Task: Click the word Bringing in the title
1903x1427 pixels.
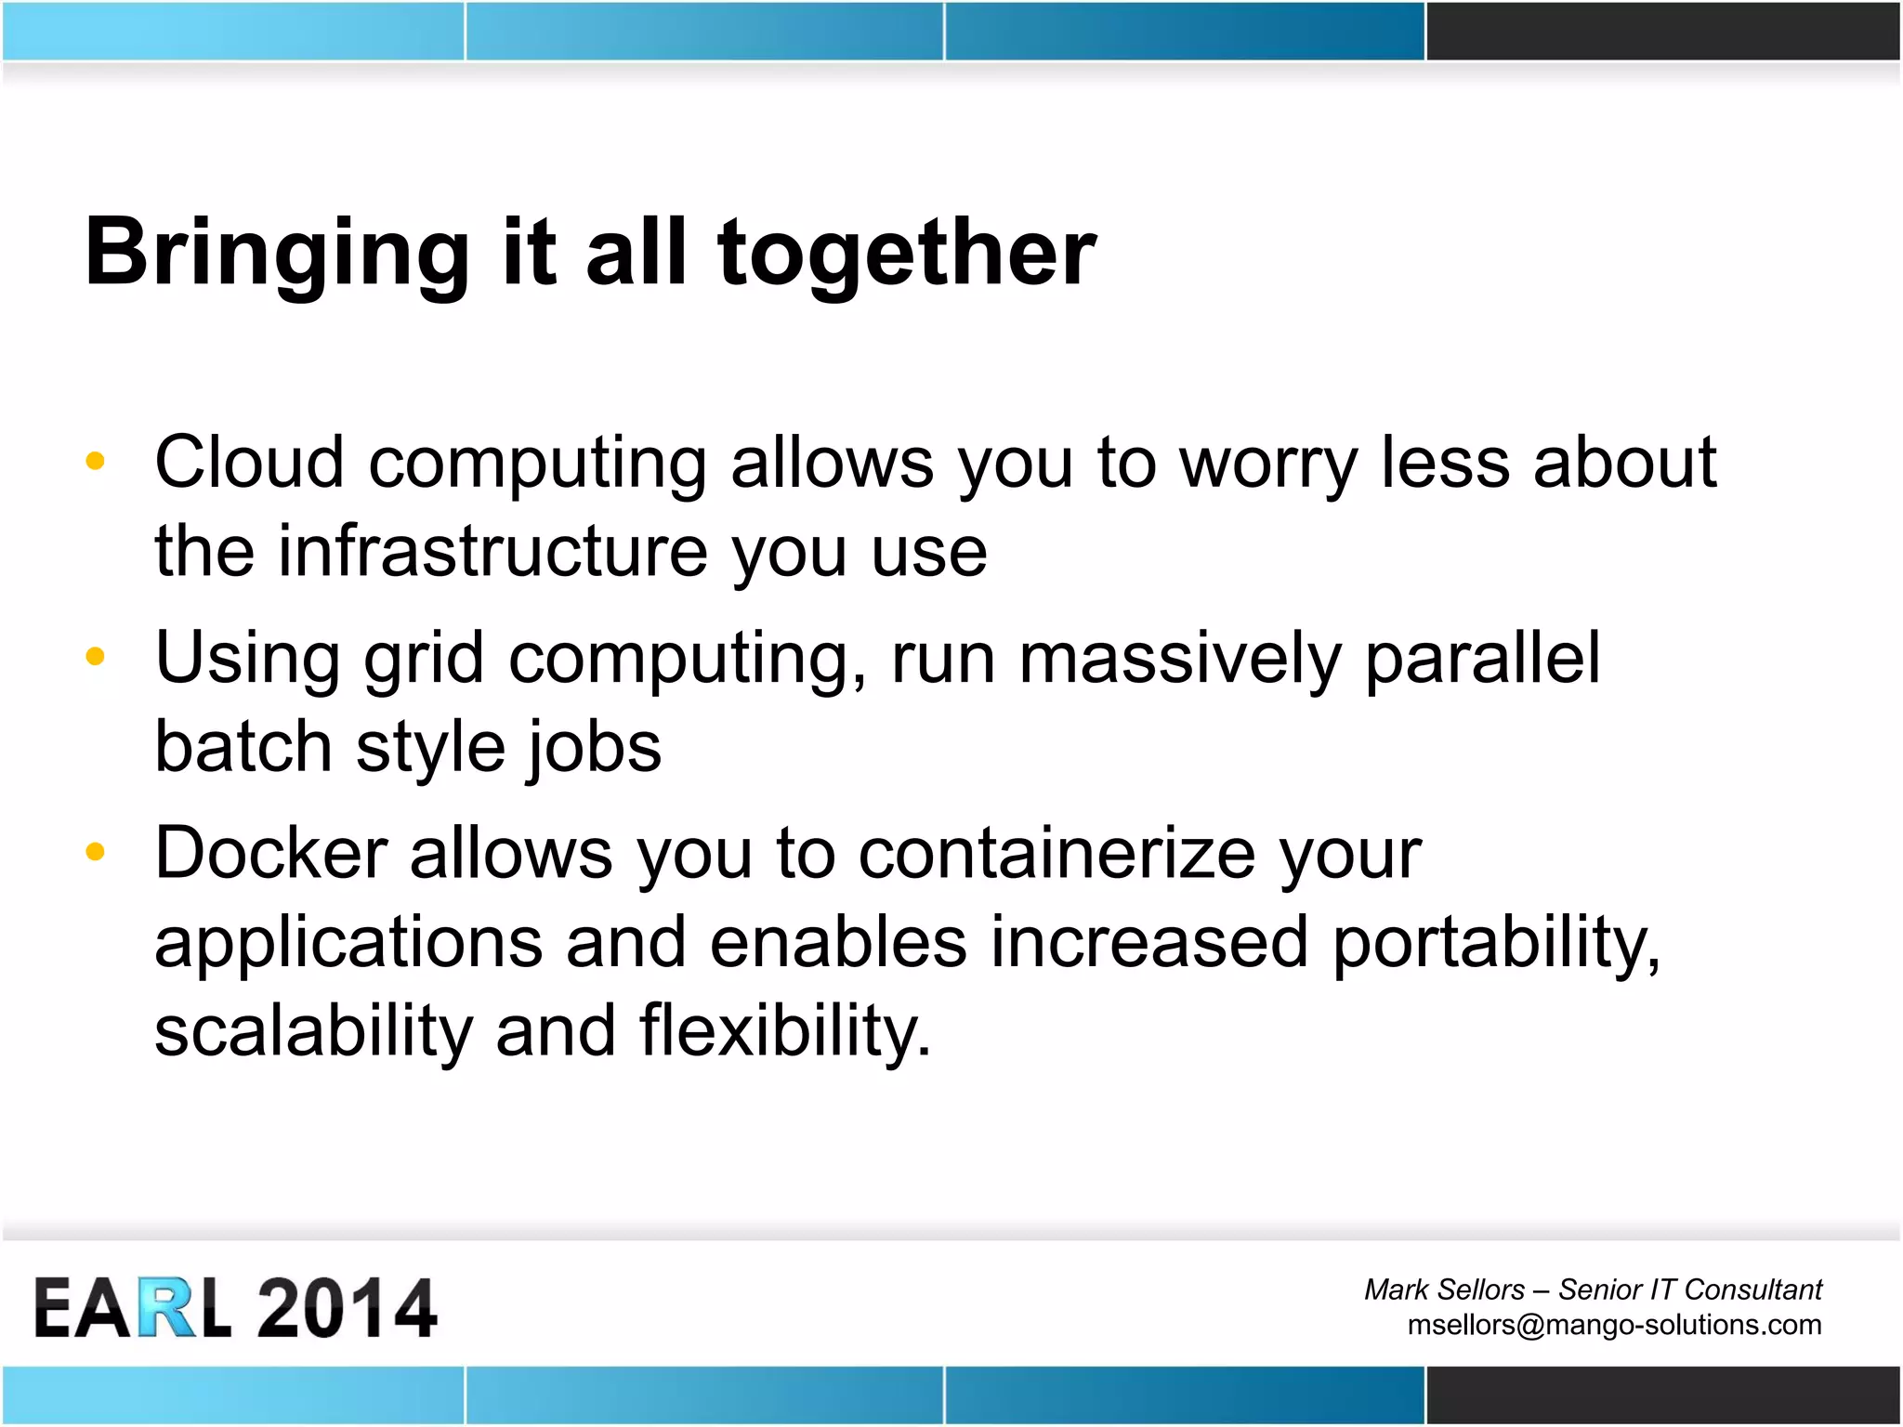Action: click(277, 254)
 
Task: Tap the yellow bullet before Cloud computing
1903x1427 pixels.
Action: click(95, 461)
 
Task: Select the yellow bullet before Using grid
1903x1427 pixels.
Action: click(95, 657)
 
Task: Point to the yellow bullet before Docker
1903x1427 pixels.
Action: click(95, 852)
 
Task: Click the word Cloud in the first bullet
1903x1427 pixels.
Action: click(249, 462)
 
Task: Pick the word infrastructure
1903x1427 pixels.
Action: click(492, 552)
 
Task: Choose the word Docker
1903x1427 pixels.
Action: click(270, 853)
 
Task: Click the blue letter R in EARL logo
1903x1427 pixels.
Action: click(168, 1308)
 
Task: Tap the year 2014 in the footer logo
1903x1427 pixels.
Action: click(346, 1308)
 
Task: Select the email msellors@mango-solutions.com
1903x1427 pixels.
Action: click(1614, 1325)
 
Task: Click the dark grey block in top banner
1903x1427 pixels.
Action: click(1663, 31)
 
